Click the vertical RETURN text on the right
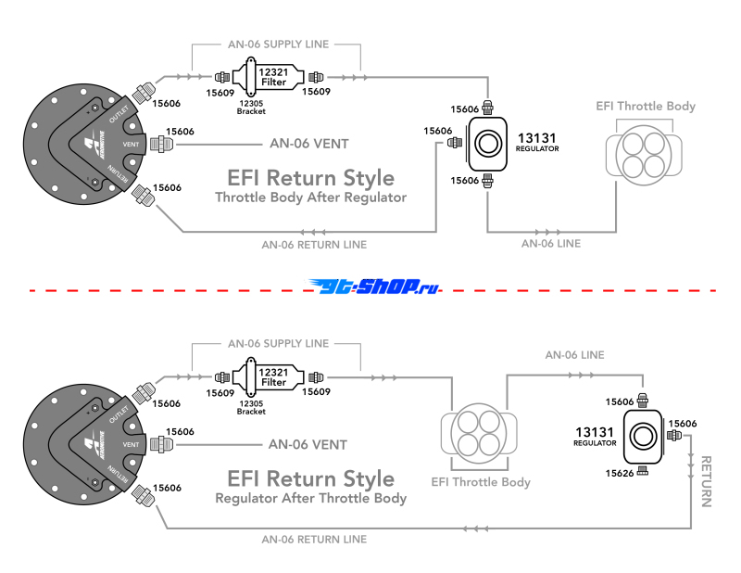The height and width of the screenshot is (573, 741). (x=707, y=481)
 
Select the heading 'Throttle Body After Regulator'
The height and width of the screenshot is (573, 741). (x=310, y=197)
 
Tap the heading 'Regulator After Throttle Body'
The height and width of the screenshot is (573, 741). (x=310, y=498)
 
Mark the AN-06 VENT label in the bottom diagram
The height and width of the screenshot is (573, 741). (x=308, y=444)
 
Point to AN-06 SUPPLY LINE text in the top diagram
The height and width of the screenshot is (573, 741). (x=277, y=45)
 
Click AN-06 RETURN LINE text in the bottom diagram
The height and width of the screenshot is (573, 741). (x=314, y=539)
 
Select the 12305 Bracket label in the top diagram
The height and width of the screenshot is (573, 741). (x=251, y=107)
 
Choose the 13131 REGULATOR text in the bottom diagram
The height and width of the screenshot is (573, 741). (x=596, y=437)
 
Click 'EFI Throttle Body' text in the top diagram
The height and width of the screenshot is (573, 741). (x=645, y=107)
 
